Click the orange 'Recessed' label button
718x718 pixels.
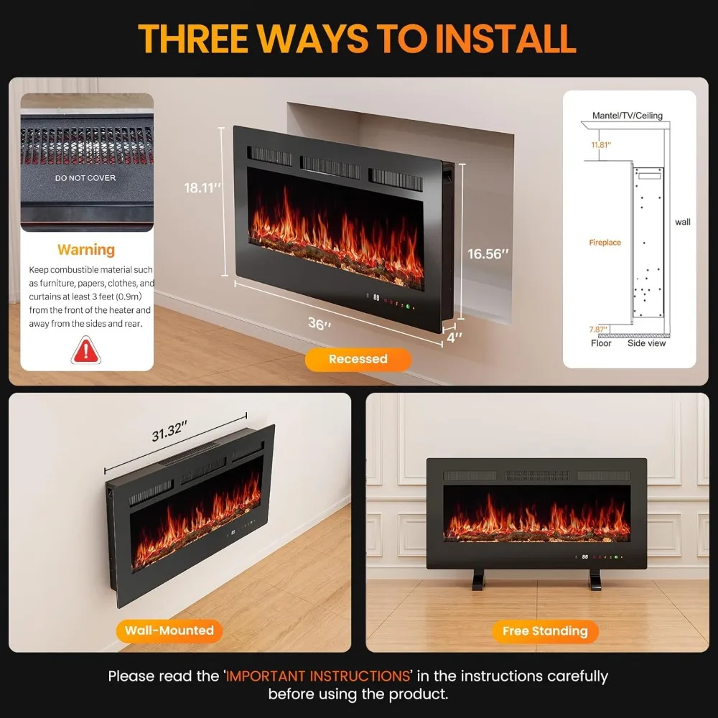[358, 359]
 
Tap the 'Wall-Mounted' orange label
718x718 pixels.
[169, 630]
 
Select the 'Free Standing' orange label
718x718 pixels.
[545, 631]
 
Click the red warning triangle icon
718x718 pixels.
[86, 350]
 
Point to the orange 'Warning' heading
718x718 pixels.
[86, 250]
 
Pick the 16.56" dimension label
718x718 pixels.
[488, 253]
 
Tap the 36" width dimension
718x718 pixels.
[317, 324]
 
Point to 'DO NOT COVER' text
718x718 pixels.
[86, 177]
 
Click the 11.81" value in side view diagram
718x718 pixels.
[601, 145]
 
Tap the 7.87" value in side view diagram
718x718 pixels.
[597, 330]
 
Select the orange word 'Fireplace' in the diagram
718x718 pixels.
[605, 243]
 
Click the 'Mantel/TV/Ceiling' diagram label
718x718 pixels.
[627, 116]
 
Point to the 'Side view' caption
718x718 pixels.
[647, 343]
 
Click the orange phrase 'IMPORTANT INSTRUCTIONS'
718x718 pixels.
[317, 676]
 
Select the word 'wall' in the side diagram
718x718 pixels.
[682, 222]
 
